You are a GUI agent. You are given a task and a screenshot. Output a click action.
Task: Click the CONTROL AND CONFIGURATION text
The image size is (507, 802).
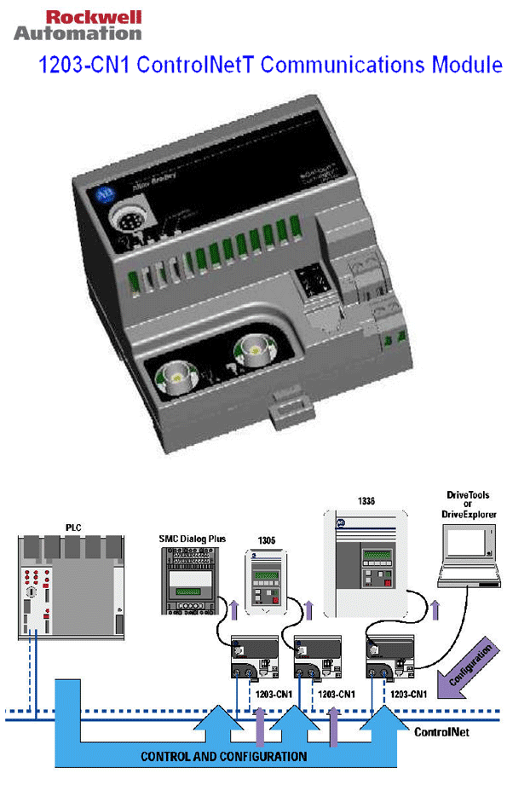pos(223,757)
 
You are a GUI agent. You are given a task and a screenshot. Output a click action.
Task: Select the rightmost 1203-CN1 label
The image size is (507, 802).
pos(409,695)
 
